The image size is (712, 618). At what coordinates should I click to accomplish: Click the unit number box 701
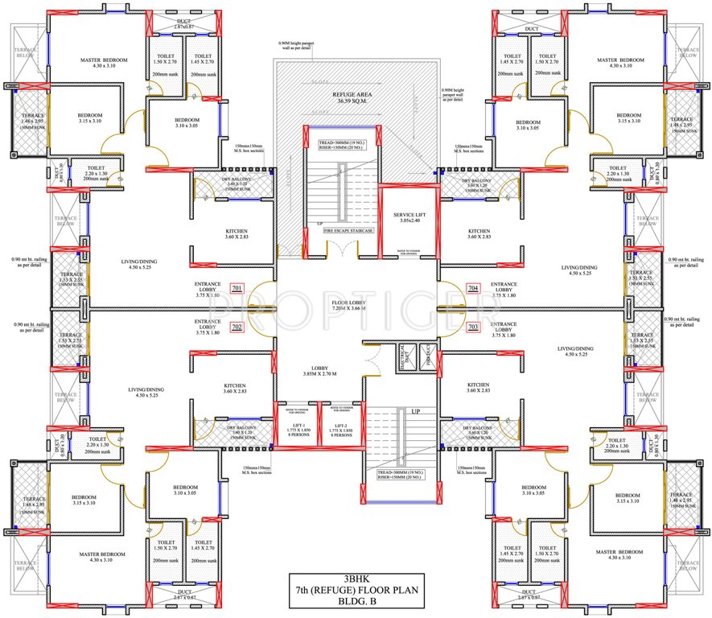point(237,288)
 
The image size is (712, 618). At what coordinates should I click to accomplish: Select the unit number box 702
point(237,328)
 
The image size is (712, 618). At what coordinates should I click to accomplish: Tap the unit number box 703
point(472,328)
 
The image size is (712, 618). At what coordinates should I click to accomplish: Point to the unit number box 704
point(472,288)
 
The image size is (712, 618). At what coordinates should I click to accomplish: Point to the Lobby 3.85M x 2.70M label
point(319,370)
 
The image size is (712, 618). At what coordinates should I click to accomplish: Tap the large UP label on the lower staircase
point(416,411)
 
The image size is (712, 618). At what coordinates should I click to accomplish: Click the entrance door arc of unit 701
point(259,298)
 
